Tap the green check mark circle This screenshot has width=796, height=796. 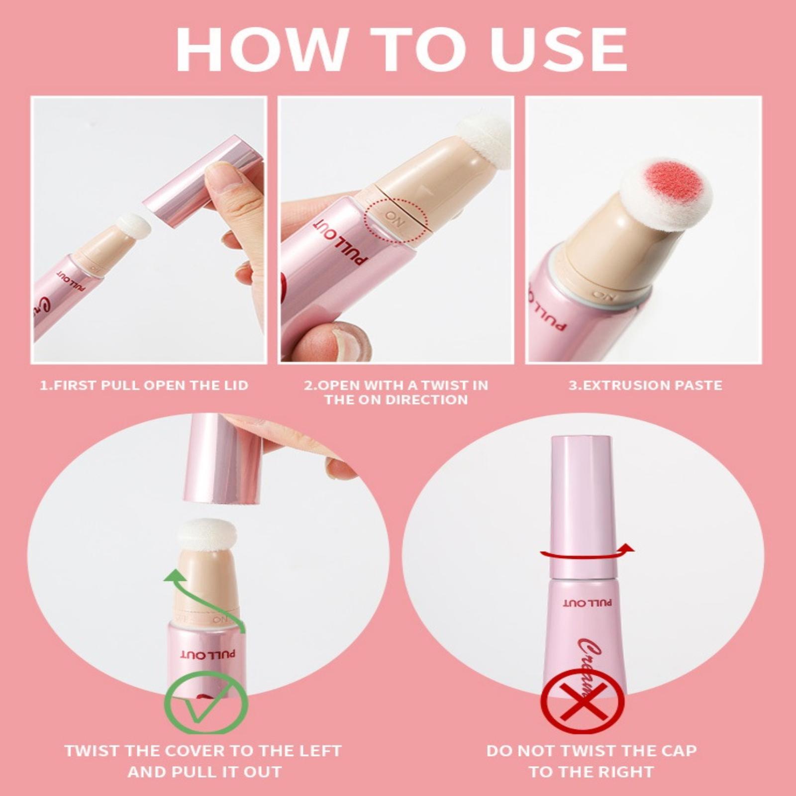[x=206, y=702]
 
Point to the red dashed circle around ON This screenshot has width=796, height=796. [x=396, y=220]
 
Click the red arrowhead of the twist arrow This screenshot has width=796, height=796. [x=627, y=548]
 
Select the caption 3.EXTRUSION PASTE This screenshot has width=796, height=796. [x=645, y=385]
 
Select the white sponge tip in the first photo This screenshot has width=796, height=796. [x=134, y=227]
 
